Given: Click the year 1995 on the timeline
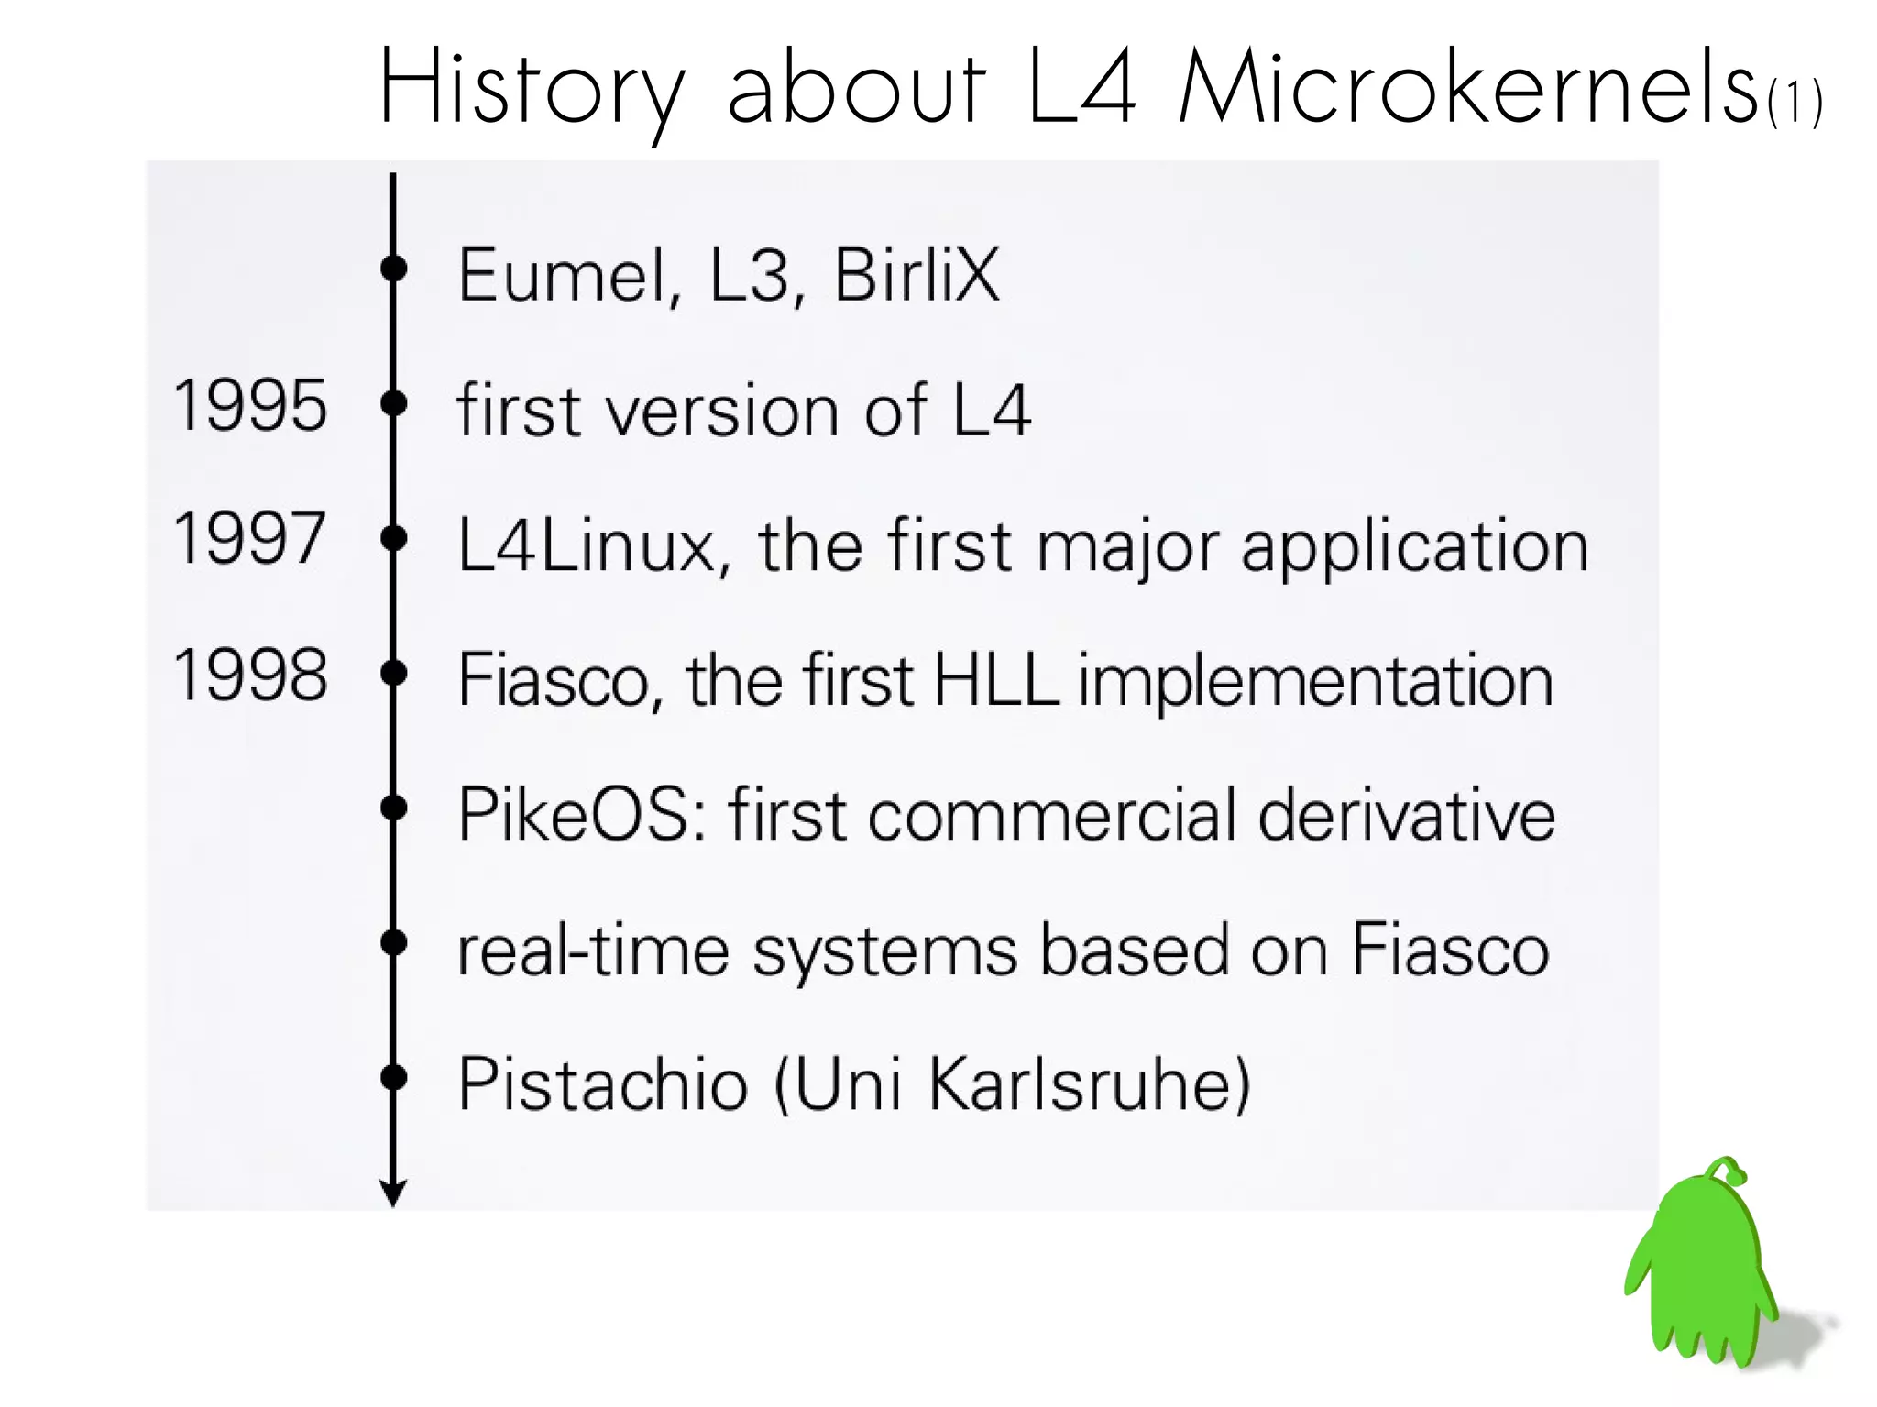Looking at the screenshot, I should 249,405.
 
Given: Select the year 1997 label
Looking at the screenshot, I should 249,539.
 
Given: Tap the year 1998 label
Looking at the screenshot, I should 249,675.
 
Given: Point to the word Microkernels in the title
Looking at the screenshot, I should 1466,88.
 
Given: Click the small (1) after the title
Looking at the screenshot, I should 1795,103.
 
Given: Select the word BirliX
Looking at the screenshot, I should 915,275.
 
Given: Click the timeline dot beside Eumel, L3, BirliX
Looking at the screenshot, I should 394,269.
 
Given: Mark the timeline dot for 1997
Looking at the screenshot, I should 394,538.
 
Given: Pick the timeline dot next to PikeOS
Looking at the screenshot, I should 394,808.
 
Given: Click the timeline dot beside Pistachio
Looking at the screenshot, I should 394,1077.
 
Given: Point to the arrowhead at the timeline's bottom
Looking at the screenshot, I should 393,1193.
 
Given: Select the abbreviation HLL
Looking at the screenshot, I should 995,680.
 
